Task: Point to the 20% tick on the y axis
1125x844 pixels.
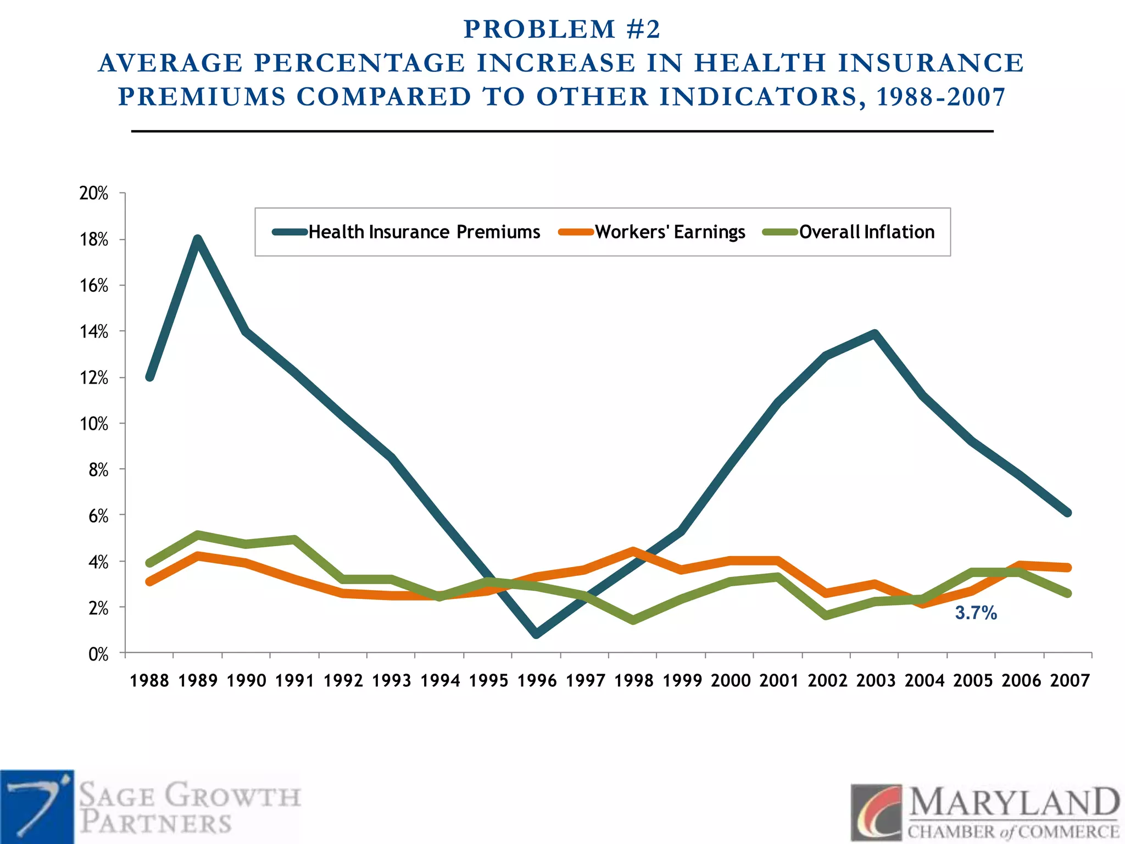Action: (x=94, y=193)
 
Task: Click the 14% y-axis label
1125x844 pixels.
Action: (x=94, y=332)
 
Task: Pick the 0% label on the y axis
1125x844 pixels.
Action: (x=98, y=654)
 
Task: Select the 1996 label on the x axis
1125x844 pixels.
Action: (x=537, y=681)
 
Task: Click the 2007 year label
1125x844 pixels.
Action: (x=1070, y=681)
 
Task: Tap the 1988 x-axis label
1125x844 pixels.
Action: (x=149, y=681)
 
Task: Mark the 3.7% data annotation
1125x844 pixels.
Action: (x=976, y=613)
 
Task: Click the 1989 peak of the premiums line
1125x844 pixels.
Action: (x=198, y=239)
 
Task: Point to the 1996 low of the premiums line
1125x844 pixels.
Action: (x=537, y=634)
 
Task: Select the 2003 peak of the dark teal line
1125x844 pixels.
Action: (x=875, y=333)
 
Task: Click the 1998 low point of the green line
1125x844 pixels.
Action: (x=633, y=620)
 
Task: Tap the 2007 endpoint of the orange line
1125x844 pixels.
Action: (x=1068, y=568)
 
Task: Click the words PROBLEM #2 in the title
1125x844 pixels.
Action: (x=562, y=30)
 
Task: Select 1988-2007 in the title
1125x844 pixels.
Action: (x=940, y=97)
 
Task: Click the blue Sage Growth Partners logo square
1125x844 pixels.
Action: (x=37, y=807)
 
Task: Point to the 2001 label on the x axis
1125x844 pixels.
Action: (x=779, y=681)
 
